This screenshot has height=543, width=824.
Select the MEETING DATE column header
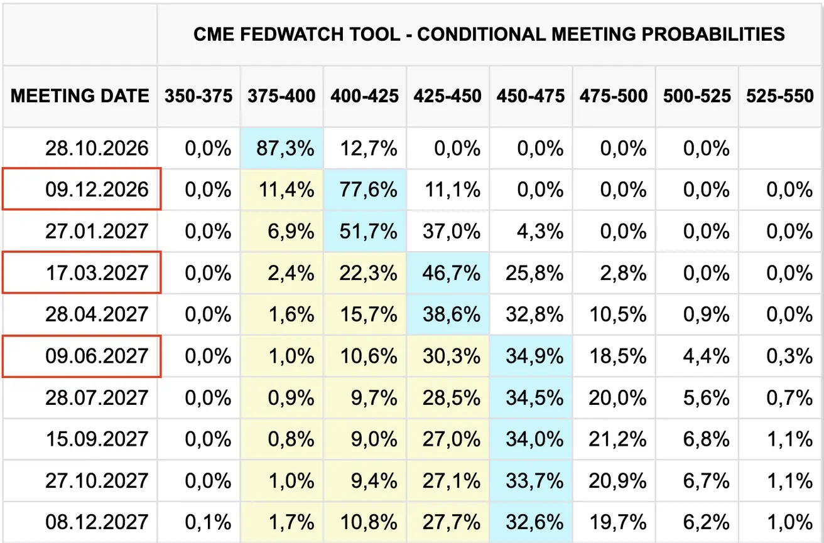click(80, 96)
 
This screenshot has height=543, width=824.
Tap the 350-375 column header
click(198, 96)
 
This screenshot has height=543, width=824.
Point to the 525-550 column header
click(780, 96)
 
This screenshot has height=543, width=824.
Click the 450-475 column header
click(531, 96)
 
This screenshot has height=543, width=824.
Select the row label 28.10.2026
click(97, 149)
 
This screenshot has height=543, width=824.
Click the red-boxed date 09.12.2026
click(97, 190)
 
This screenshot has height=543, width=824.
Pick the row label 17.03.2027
click(97, 273)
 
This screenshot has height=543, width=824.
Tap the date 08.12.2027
click(97, 522)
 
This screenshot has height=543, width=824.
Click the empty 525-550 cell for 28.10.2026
click(780, 149)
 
